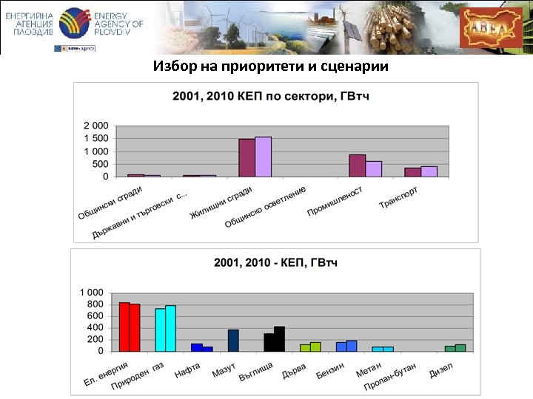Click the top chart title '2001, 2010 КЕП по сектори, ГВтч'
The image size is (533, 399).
coord(271,95)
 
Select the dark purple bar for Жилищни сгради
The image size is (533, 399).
coord(247,157)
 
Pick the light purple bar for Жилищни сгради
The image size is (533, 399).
coord(263,157)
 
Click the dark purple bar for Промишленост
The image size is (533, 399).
coord(357,166)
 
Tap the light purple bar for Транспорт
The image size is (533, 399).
coord(429,171)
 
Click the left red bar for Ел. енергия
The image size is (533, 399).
coord(124,327)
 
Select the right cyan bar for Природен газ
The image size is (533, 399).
coord(171,328)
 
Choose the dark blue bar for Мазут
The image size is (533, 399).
coord(233,340)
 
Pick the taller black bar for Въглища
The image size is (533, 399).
coord(279,338)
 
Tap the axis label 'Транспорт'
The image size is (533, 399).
coord(399,197)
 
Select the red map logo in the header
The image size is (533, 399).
coord(490,27)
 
